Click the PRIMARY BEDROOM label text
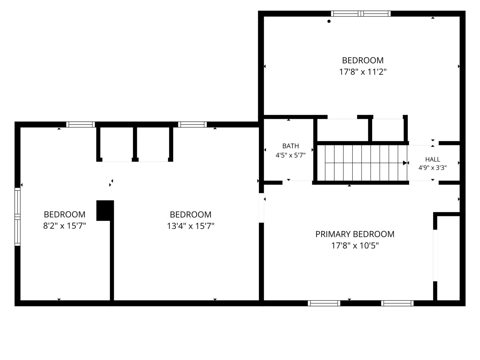click(355, 234)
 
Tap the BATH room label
click(290, 146)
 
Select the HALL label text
click(432, 159)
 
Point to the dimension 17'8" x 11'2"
click(363, 72)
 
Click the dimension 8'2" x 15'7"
click(64, 226)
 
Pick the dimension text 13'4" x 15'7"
click(190, 226)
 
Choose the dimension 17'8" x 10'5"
click(355, 246)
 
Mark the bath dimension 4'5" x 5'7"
click(290, 155)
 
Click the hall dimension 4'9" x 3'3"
click(432, 168)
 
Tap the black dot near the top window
click(329, 21)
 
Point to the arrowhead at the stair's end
click(405, 163)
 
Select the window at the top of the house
click(361, 14)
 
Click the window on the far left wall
click(17, 217)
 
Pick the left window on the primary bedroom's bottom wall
click(324, 303)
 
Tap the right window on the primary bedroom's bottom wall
click(397, 303)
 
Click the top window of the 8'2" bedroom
click(80, 124)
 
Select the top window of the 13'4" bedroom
click(192, 124)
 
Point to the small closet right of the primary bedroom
click(448, 258)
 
